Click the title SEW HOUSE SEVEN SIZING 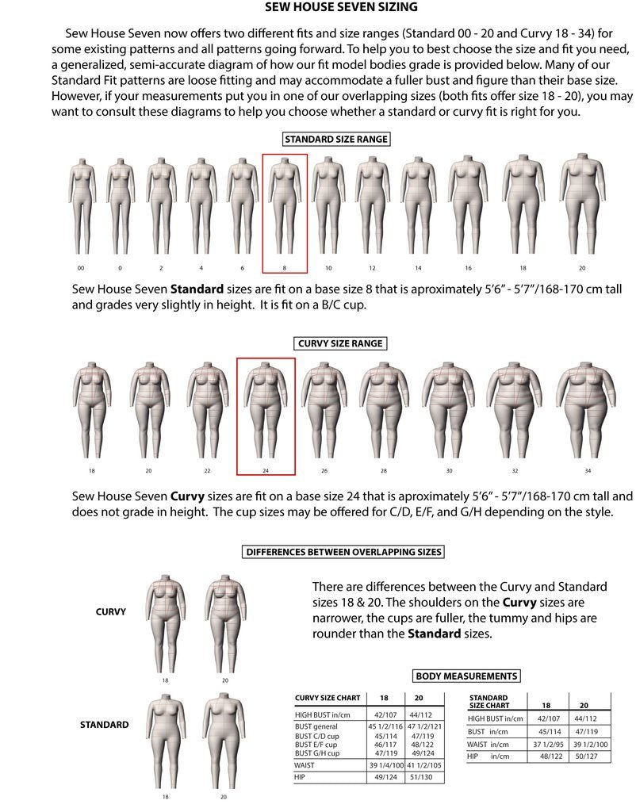click(341, 8)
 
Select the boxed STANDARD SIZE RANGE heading click(336, 140)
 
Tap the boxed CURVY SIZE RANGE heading click(340, 343)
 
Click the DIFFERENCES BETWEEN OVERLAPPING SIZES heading click(343, 552)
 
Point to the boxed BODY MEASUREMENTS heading click(466, 676)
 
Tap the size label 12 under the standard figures click(371, 268)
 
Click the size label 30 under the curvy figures click(449, 471)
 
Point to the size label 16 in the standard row click(468, 268)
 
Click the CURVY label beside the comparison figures click(111, 612)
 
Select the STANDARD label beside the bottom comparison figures click(104, 725)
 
